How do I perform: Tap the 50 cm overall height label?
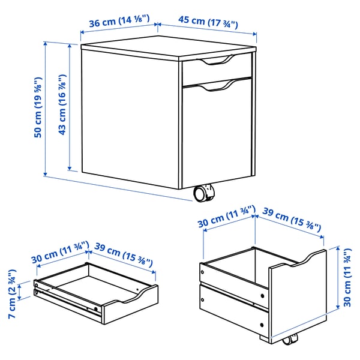point(38,108)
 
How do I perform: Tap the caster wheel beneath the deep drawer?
point(289,340)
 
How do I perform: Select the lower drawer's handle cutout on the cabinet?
point(220,86)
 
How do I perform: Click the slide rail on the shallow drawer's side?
point(66,297)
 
